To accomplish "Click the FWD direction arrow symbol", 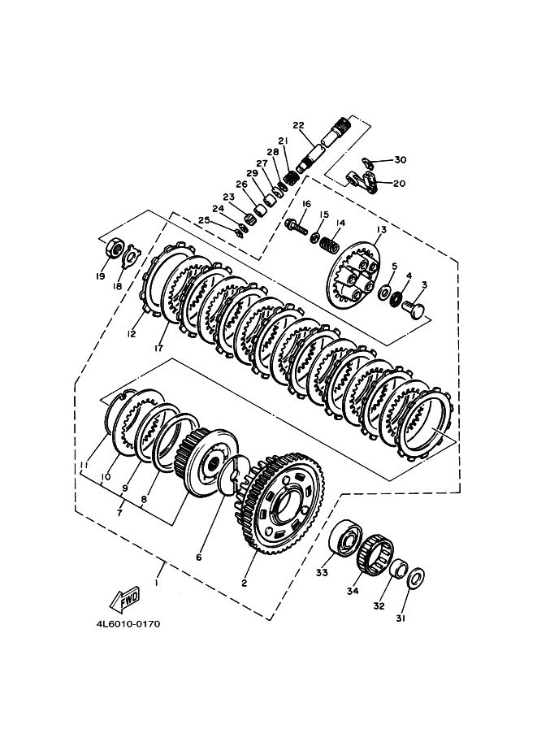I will tap(125, 600).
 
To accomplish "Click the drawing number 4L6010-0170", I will tap(127, 624).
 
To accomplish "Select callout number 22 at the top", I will tap(297, 125).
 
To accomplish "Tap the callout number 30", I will tap(400, 160).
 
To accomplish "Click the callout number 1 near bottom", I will tap(157, 583).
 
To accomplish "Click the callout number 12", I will tap(132, 332).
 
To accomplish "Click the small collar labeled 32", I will tap(398, 568).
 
